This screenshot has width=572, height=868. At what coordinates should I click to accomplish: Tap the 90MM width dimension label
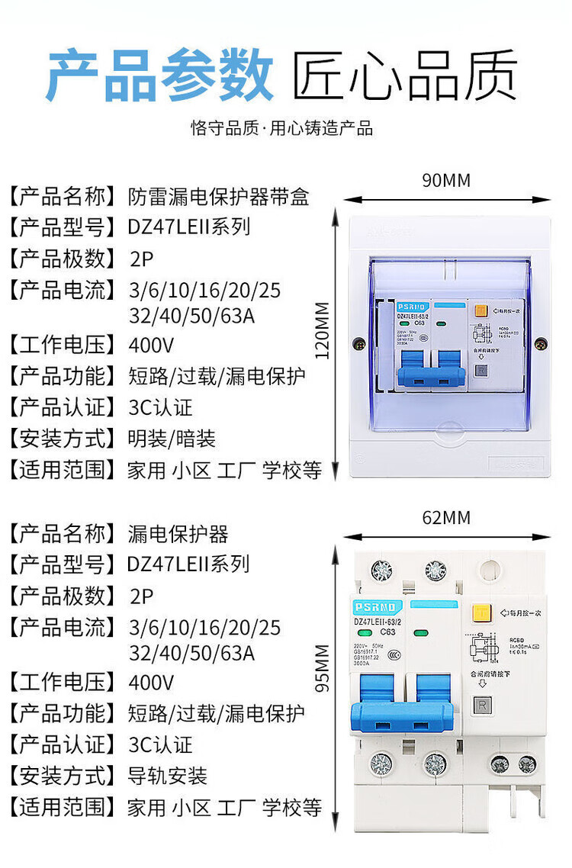click(446, 181)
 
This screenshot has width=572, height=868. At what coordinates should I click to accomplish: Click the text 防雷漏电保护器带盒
click(218, 197)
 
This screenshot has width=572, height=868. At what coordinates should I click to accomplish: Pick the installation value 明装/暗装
click(172, 439)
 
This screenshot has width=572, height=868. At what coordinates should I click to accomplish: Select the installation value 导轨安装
click(168, 776)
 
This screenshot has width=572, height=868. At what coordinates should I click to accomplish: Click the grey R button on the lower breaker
click(482, 706)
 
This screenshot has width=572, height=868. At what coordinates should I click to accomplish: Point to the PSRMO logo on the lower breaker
click(374, 606)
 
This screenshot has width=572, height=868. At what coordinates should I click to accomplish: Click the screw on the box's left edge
click(356, 345)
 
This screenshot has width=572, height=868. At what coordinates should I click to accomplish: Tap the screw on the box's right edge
click(540, 345)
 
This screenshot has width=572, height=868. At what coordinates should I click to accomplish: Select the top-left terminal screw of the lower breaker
click(380, 570)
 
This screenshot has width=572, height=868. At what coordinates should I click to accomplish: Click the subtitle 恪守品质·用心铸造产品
click(282, 128)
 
